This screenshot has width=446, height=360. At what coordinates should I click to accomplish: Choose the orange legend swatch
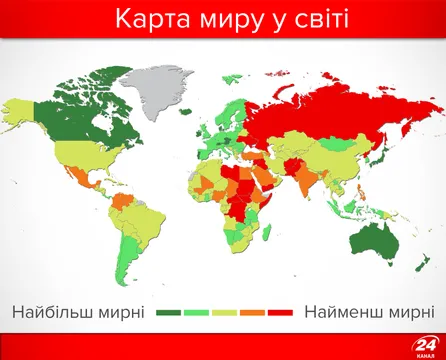pos(251,313)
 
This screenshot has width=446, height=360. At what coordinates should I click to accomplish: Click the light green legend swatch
pos(197,313)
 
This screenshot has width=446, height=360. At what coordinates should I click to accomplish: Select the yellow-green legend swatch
pos(224,313)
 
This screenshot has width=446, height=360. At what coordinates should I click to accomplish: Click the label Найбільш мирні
pos(79,312)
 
